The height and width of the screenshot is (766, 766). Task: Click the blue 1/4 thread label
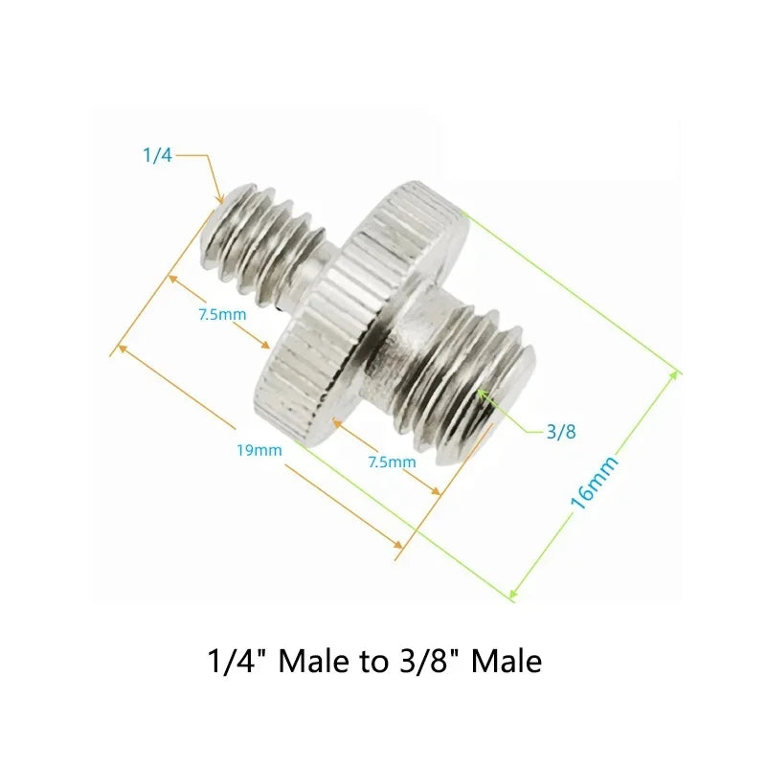pyautogui.click(x=157, y=155)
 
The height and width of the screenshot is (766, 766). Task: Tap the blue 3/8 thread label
pyautogui.click(x=561, y=432)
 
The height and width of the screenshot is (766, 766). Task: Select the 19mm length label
pyautogui.click(x=259, y=450)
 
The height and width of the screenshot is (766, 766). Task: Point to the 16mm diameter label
pyautogui.click(x=594, y=483)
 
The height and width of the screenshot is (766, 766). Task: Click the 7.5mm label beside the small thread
pyautogui.click(x=222, y=315)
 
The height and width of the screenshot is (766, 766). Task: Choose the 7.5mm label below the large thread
pyautogui.click(x=392, y=462)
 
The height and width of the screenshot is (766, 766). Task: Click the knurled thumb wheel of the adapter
pyautogui.click(x=361, y=313)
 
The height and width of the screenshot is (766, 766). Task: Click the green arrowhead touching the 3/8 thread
pyautogui.click(x=483, y=394)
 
